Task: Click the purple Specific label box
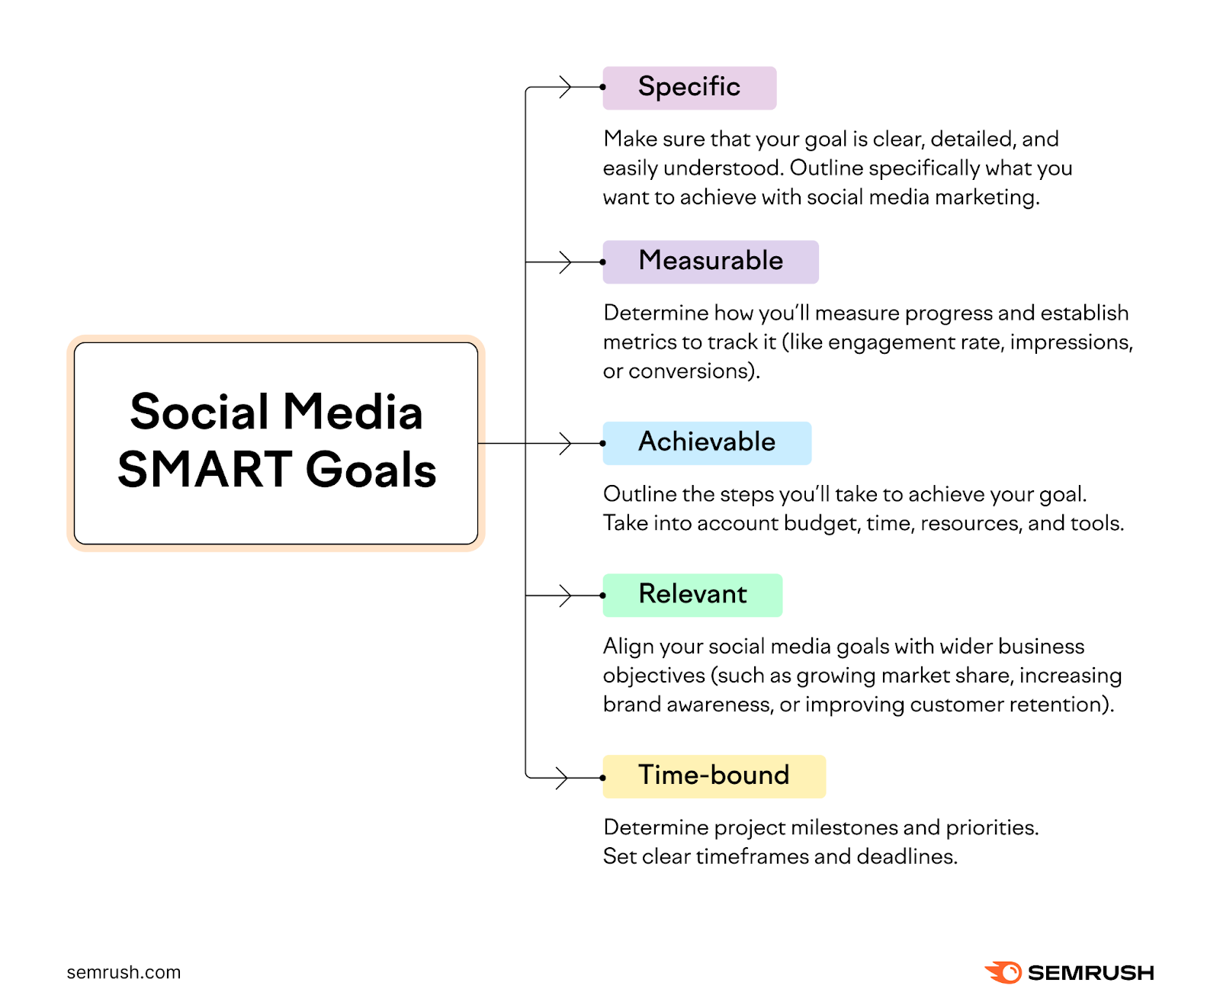click(x=689, y=88)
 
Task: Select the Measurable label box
click(x=710, y=262)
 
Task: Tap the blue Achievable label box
click(x=706, y=443)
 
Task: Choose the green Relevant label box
click(x=692, y=595)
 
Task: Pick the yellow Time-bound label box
click(x=713, y=776)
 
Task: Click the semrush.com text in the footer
click(x=124, y=972)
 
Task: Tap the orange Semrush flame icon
click(x=1003, y=972)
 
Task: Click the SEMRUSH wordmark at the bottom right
click(x=1090, y=973)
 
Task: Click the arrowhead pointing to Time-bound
click(x=563, y=778)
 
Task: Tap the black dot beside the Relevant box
click(x=602, y=595)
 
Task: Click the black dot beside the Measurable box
click(x=602, y=262)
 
